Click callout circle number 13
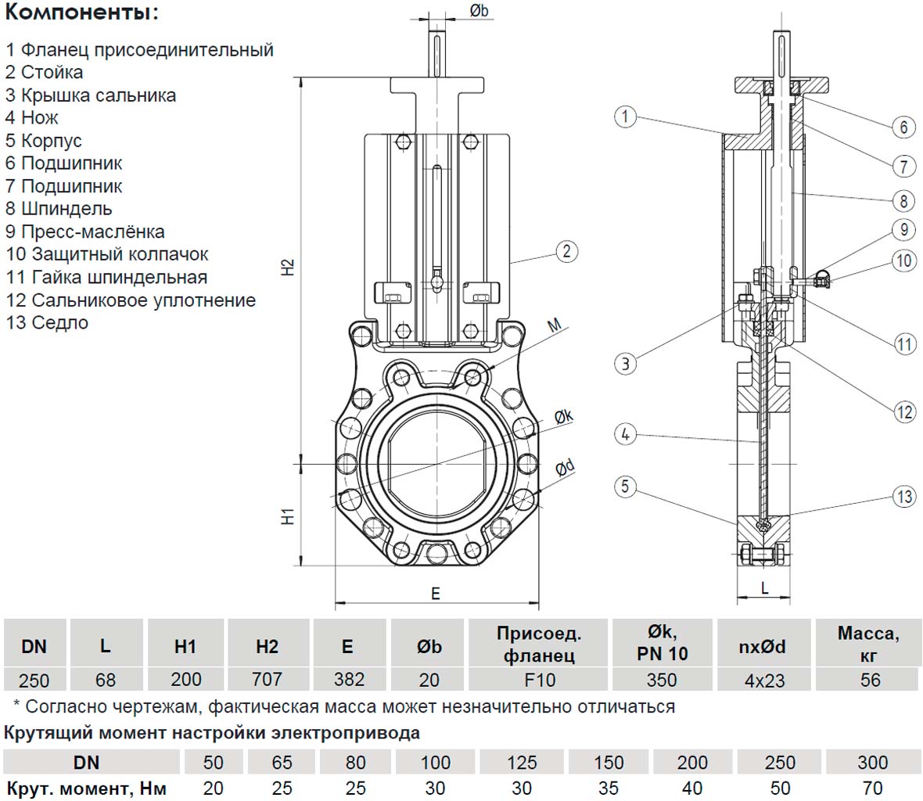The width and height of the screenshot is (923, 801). point(904,496)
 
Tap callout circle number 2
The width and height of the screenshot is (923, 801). point(566,251)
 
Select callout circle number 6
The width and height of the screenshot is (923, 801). point(903,127)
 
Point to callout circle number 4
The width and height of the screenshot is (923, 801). point(625,433)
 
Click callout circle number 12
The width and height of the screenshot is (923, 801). point(904,411)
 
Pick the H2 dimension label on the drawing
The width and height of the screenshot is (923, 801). point(289,267)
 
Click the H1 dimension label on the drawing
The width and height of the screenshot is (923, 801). point(289,515)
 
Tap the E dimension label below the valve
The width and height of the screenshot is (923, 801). point(436,594)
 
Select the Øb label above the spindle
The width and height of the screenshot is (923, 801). point(479,11)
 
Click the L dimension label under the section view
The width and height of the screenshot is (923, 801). point(765,587)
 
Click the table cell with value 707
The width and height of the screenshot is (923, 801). point(267,679)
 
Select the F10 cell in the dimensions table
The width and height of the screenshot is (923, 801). point(540,680)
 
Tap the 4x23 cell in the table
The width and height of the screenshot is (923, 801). point(764,680)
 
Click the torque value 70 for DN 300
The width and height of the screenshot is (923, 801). point(872,788)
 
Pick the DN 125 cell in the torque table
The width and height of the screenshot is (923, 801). point(522,762)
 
